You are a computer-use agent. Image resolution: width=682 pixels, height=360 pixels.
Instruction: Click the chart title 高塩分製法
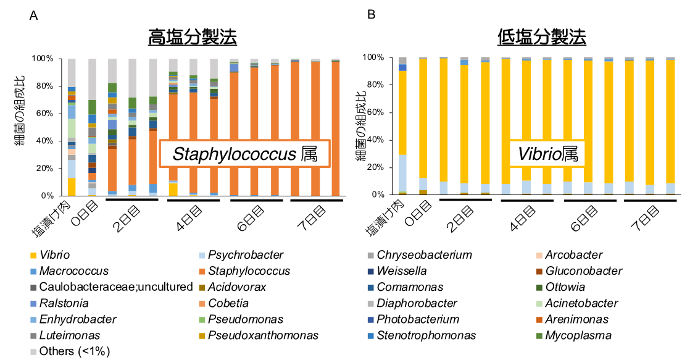point(192,37)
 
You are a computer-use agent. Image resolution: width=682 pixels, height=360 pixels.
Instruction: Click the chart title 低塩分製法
point(541,37)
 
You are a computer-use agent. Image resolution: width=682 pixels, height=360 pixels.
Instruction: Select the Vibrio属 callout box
point(547,153)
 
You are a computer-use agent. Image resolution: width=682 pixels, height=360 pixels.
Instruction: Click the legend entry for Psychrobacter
point(246,255)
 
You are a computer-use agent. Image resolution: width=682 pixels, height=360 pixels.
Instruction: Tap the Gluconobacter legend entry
point(584,271)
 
